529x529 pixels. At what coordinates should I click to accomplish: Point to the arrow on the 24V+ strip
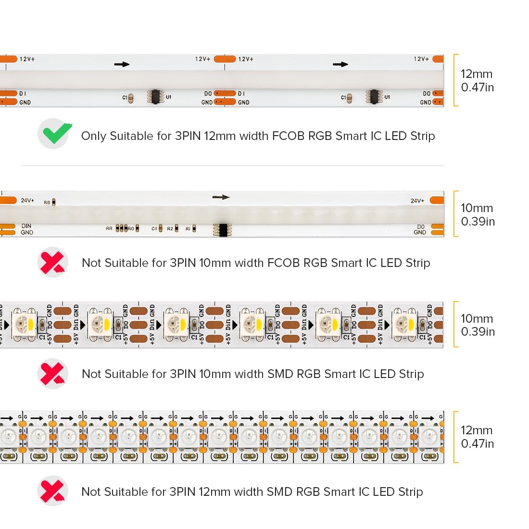[x=221, y=197]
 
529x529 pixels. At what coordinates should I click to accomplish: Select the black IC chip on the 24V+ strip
[x=222, y=230]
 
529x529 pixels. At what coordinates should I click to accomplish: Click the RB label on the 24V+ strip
[x=47, y=202]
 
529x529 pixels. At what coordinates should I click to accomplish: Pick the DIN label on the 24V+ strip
[x=26, y=226]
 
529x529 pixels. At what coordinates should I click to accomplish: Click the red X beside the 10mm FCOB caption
[x=52, y=263]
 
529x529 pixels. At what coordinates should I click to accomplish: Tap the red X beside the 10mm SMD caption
[x=52, y=374]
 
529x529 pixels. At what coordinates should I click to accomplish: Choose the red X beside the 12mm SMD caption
[x=52, y=491]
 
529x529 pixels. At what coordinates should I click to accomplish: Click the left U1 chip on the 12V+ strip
[x=155, y=97]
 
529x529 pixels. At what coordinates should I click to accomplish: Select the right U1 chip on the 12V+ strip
[x=374, y=97]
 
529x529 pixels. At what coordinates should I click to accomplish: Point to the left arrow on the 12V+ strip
[x=122, y=64]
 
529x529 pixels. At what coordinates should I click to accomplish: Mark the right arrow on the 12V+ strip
[x=340, y=64]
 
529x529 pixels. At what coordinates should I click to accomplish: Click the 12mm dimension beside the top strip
[x=477, y=74]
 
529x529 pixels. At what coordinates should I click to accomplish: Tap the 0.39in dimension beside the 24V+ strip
[x=478, y=221]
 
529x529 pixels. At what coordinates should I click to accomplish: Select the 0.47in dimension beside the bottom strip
[x=478, y=443]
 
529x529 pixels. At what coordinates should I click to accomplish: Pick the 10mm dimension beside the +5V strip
[x=477, y=318]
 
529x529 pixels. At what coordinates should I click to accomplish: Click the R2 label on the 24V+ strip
[x=170, y=228]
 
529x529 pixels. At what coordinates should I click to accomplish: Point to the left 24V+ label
[x=27, y=200]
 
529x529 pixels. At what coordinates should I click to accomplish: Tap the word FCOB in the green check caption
[x=288, y=136]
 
